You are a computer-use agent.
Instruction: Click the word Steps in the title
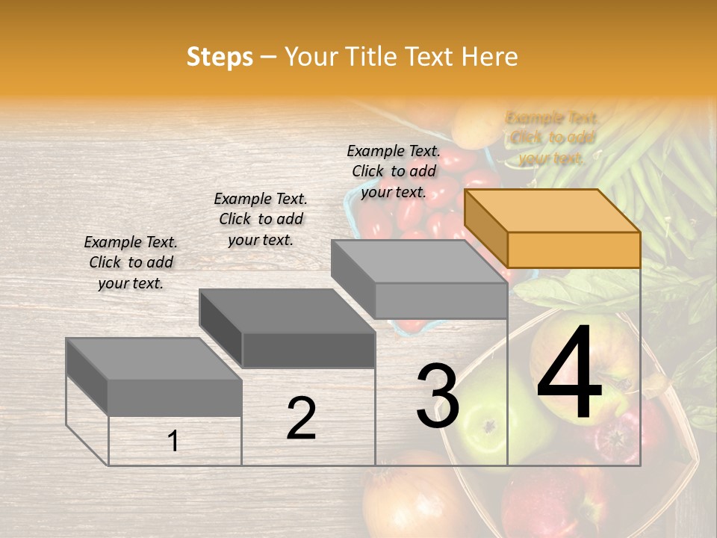(220, 57)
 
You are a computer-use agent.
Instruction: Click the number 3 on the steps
(438, 396)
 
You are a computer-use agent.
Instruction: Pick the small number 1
(173, 442)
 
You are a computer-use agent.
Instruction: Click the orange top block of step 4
(553, 211)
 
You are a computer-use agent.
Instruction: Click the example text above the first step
(131, 262)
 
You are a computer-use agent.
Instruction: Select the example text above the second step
(261, 219)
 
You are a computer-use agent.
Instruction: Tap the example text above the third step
(394, 171)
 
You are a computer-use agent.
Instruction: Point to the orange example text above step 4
(552, 137)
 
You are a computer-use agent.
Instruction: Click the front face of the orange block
(574, 249)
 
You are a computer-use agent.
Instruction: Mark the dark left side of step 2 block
(221, 329)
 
